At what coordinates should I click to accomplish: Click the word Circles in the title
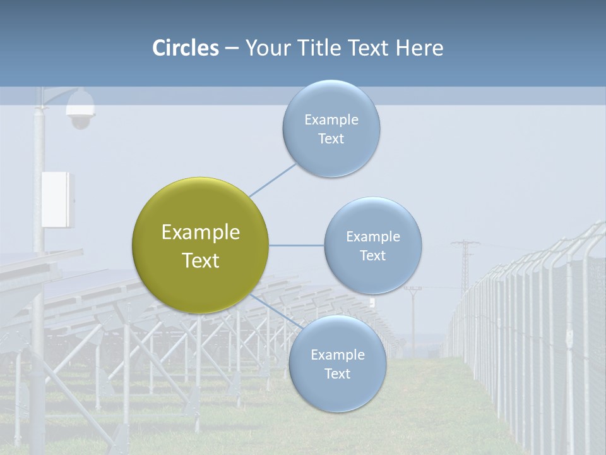pos(185,48)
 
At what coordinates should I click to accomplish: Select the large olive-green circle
pos(200,245)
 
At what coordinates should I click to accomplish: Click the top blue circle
pos(331,128)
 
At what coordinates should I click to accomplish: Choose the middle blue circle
pos(372,245)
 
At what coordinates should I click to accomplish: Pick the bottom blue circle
pos(337,363)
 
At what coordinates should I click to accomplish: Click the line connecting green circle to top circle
pos(273,179)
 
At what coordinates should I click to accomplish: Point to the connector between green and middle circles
pos(297,245)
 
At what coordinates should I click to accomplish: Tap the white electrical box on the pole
pos(57,199)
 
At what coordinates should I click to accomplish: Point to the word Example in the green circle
pos(200,233)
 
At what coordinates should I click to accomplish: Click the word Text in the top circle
pos(331,139)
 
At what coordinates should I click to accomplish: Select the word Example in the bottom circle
pos(337,355)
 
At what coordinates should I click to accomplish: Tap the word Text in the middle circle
pos(372,256)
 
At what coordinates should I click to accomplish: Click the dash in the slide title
pos(231,49)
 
